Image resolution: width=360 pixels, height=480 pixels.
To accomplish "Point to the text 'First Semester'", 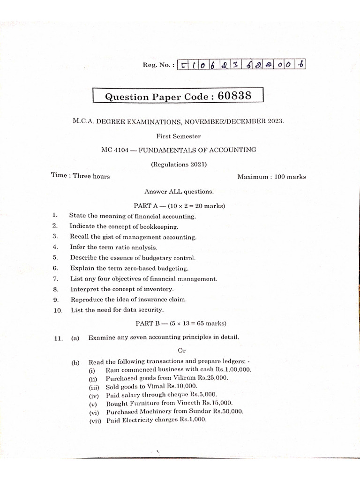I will click(179, 136).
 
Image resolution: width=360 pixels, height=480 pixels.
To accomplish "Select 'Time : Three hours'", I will click(81, 176).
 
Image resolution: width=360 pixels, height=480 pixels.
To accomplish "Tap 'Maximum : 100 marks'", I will click(271, 177).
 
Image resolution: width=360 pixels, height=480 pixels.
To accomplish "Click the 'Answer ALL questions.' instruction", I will click(179, 191).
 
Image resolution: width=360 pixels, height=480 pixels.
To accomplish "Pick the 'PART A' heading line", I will click(179, 206).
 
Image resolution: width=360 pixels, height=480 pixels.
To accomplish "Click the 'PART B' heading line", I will click(180, 323).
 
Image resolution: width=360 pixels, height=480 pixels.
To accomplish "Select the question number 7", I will click(55, 278).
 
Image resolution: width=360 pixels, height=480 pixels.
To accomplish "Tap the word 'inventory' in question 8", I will click(158, 289).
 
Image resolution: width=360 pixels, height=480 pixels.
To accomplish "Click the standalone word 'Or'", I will click(182, 350).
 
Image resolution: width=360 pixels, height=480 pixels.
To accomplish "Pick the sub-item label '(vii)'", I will click(95, 420).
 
